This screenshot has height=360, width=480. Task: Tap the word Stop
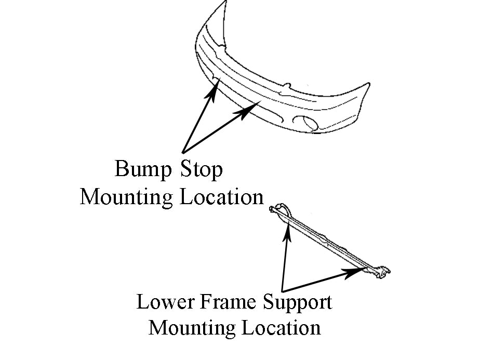(201, 169)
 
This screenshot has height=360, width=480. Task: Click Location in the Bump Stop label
(222, 196)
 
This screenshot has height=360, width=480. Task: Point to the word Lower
(165, 302)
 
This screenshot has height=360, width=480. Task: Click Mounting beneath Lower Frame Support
(192, 328)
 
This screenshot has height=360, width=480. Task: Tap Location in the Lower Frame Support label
(282, 328)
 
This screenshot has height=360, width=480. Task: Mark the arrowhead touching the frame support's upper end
(287, 233)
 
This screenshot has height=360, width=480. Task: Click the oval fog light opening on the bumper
(305, 123)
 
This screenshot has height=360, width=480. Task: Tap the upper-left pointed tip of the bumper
(226, 1)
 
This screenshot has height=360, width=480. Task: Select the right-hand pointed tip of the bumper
(369, 83)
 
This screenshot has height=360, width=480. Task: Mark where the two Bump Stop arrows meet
(183, 152)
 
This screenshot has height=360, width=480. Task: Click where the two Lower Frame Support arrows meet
(282, 291)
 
